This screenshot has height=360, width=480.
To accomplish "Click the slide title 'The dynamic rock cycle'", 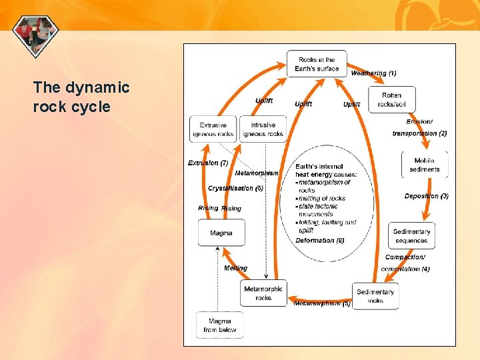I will tap(81, 97).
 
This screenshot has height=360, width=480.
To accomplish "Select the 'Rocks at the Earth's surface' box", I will tap(317, 64).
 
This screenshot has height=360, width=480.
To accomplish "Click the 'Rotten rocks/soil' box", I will tap(391, 99).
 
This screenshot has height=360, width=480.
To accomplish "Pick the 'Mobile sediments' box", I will tap(424, 165).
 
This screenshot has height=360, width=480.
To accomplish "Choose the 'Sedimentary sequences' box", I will tap(411, 236).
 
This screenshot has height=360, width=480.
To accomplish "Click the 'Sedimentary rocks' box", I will tap(375, 296).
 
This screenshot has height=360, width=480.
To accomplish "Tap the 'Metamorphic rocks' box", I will tap(263, 293).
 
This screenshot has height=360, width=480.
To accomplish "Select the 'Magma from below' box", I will tap(220, 325).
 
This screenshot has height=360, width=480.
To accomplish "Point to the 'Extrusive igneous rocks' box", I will tap(213, 129).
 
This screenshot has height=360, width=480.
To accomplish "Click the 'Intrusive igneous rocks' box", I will tap(263, 129).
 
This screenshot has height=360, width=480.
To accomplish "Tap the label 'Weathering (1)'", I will tap(373, 73).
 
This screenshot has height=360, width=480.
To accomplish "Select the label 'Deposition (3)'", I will tap(426, 196).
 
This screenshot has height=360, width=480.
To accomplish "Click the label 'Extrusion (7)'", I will tap(208, 163).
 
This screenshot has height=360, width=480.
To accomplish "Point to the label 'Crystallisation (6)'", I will tap(235, 188).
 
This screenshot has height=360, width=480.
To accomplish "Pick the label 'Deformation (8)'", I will tap(320, 240).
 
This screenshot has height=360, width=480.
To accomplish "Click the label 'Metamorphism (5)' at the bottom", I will tap(322, 303).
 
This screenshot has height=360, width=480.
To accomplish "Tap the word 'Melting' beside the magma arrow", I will tap(235, 268).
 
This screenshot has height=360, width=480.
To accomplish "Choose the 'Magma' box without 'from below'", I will tap(221, 233).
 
